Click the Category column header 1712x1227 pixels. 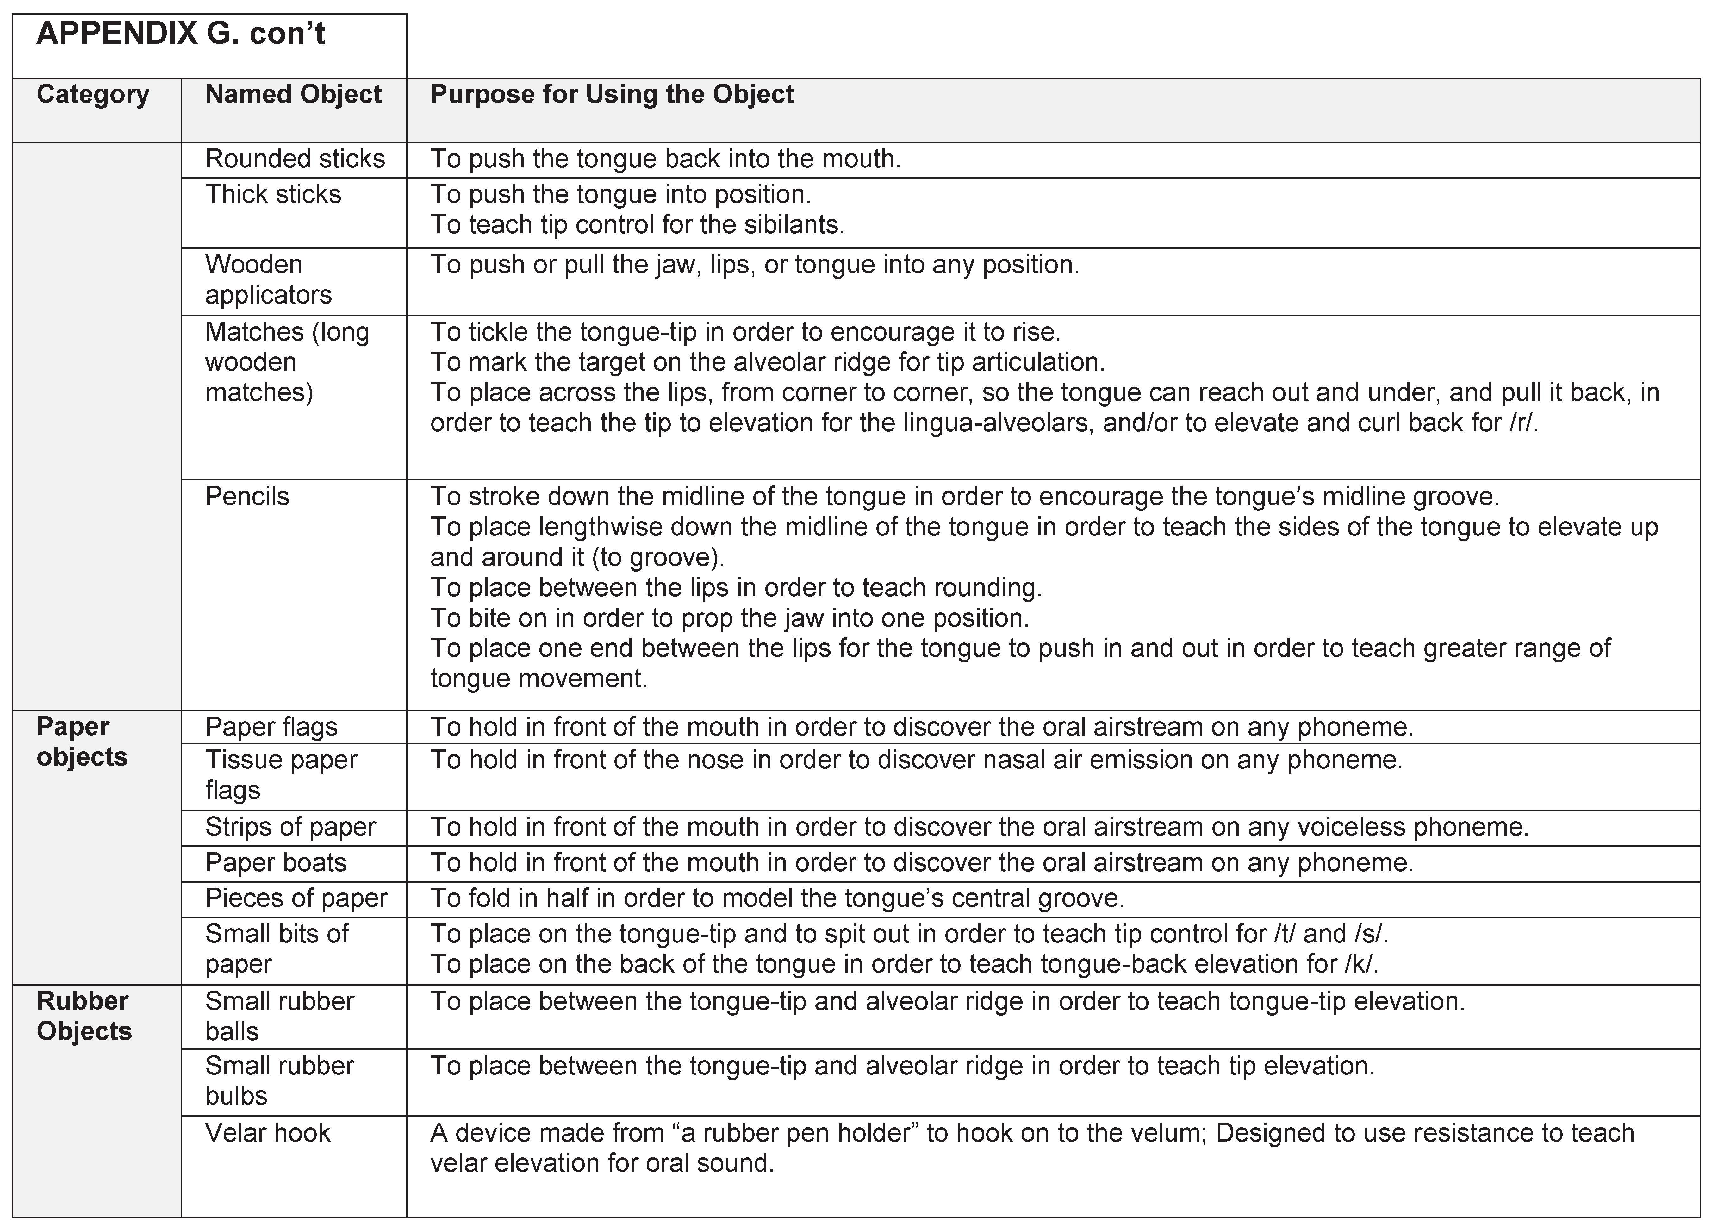93,94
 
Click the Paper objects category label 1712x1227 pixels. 82,742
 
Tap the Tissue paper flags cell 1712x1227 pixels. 281,775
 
